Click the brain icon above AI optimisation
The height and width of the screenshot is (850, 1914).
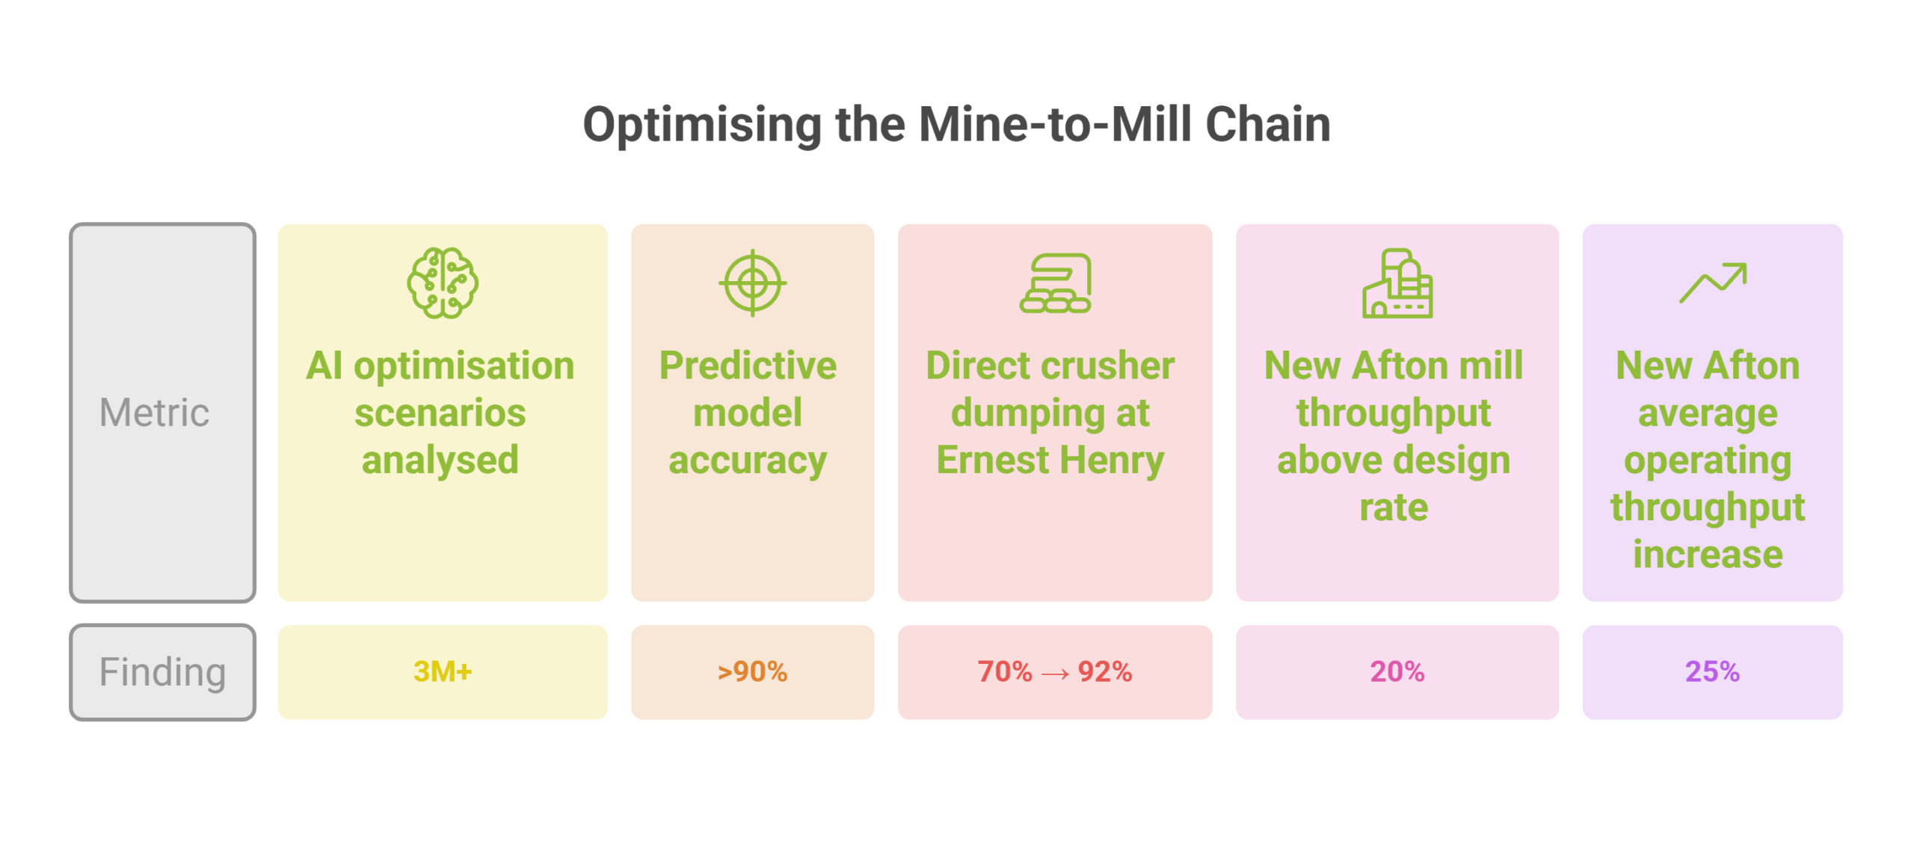(x=443, y=283)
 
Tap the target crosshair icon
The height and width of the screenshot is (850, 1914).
(x=752, y=283)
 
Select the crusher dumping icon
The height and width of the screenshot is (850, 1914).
(x=1055, y=283)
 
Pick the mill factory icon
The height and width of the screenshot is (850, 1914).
(x=1397, y=283)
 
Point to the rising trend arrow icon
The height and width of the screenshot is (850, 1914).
(x=1712, y=283)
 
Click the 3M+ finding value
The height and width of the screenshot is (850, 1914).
(x=443, y=671)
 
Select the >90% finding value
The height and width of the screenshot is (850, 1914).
(x=752, y=671)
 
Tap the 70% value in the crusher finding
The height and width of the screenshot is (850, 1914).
(x=1004, y=671)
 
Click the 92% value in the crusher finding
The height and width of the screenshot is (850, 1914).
(x=1104, y=671)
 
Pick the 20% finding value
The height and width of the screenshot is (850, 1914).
(x=1397, y=671)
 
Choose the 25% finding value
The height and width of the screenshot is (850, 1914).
(x=1712, y=671)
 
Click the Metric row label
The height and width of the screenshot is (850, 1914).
(x=154, y=412)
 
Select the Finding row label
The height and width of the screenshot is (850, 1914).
(x=162, y=672)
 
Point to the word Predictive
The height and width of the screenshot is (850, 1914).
(x=748, y=366)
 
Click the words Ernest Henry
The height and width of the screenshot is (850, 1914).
(x=1050, y=461)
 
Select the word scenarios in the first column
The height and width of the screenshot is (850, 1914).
(x=440, y=413)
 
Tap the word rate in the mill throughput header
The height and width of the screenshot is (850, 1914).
(x=1394, y=508)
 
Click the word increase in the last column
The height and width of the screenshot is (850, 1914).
(x=1708, y=555)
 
